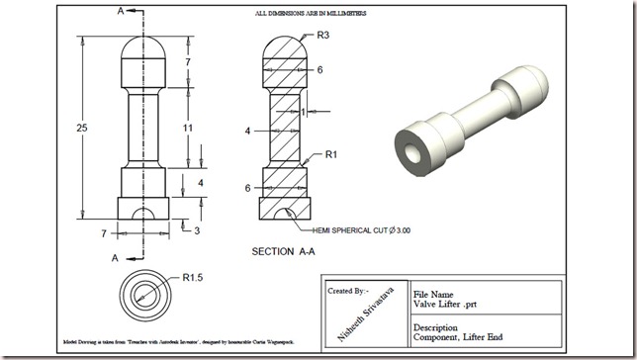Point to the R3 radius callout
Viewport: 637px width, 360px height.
pos(323,37)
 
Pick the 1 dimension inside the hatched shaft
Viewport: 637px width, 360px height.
pos(304,113)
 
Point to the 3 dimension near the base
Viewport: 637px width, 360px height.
pos(197,230)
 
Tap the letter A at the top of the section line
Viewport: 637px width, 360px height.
pos(121,12)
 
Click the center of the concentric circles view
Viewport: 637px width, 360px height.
pos(143,294)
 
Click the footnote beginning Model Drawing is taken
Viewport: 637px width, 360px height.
pos(163,341)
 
